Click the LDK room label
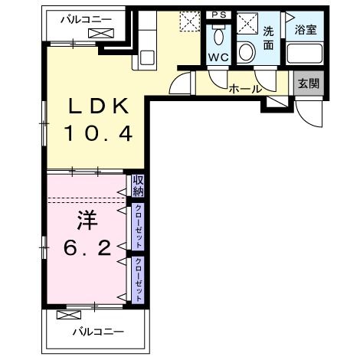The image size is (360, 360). [99, 106]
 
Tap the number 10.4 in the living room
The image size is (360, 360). [99, 133]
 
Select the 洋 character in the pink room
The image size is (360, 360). [87, 220]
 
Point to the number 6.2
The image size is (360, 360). [87, 248]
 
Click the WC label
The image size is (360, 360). [218, 57]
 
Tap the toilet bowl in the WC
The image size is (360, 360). [218, 36]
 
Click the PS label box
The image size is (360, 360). [219, 15]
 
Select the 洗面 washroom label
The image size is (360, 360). [268, 38]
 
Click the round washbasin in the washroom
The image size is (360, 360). [247, 52]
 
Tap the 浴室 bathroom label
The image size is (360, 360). [306, 29]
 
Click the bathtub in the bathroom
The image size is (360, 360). [305, 54]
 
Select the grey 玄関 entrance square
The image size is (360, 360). [309, 83]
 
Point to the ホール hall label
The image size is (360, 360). [245, 89]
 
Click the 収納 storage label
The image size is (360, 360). [138, 186]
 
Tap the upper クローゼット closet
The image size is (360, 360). [138, 227]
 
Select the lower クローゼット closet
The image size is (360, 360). [138, 280]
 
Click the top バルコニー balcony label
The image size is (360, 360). [86, 19]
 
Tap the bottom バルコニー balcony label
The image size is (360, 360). [98, 332]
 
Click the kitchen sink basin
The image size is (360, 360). [147, 58]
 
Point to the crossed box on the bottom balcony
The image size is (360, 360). [68, 315]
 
